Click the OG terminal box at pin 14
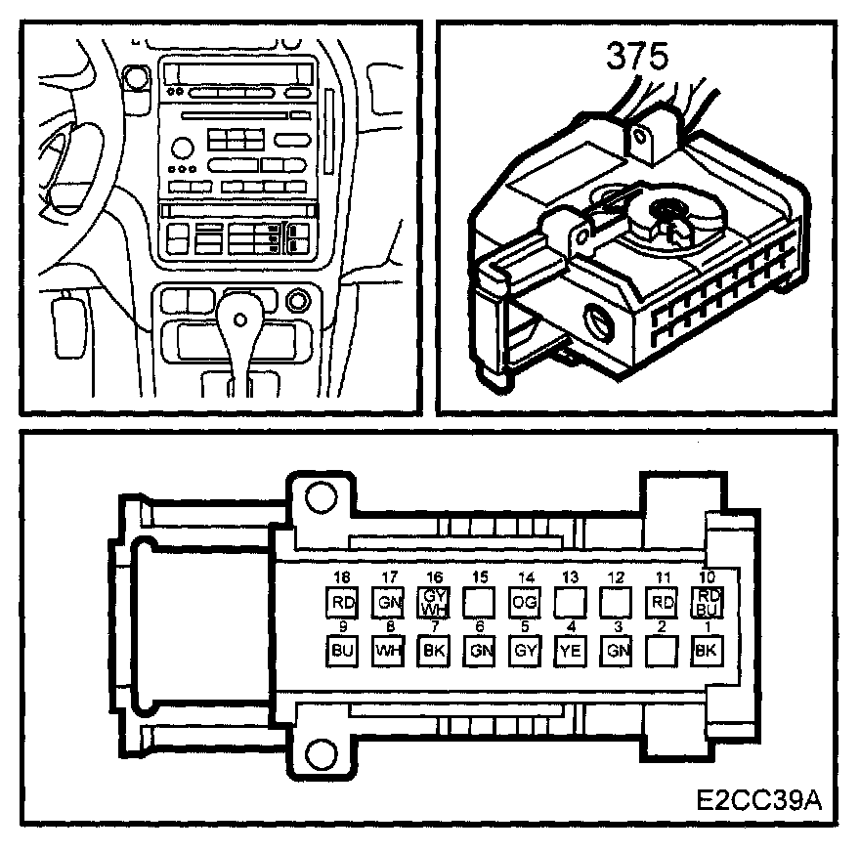pos(523,601)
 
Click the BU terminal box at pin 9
pos(341,650)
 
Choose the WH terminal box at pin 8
pos(387,650)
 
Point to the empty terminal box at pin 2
pos(661,650)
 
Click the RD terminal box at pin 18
pos(341,601)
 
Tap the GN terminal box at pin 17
pos(387,601)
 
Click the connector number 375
pos(637,56)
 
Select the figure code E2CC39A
pos(759,800)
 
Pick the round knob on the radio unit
pos(182,149)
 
